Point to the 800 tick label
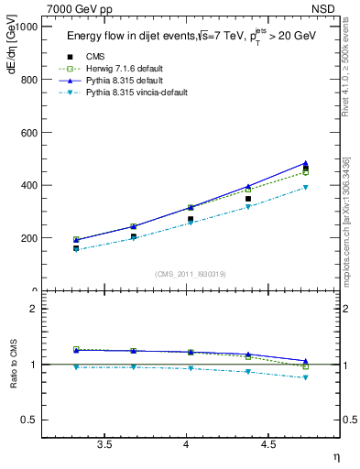[x=27, y=80]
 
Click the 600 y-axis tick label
[x=27, y=133]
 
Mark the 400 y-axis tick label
[x=27, y=185]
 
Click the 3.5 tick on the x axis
[x=104, y=444]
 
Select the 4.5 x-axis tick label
[x=268, y=444]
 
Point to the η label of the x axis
[x=335, y=455]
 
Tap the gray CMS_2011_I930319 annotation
[x=191, y=273]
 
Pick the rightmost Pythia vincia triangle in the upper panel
[x=306, y=187]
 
